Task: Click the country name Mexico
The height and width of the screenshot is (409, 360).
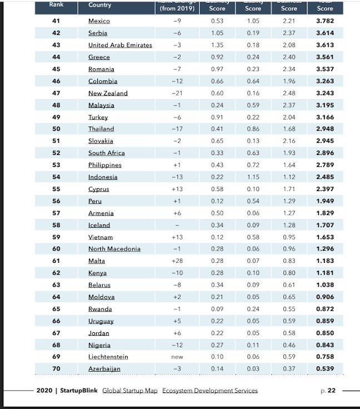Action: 99,21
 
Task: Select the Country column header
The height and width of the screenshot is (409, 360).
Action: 99,5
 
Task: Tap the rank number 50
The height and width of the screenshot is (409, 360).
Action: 56,129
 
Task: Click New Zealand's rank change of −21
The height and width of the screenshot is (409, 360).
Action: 177,93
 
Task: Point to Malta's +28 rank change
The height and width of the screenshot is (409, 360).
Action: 177,261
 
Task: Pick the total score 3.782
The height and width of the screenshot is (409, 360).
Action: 324,21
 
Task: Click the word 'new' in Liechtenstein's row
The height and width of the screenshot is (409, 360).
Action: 177,357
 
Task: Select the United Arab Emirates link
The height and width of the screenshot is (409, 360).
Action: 120,45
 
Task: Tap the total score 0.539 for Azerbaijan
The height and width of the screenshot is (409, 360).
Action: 324,368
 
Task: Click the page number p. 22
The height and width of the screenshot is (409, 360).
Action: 328,391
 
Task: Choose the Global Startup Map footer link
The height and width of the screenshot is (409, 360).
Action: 131,391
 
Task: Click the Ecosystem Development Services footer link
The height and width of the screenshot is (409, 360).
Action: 210,391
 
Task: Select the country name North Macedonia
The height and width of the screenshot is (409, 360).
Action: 114,249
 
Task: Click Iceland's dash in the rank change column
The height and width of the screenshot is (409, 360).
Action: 177,225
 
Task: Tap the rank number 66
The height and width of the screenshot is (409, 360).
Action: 56,321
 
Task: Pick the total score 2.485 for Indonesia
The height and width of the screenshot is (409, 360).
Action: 324,177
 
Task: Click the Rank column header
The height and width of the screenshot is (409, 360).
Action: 56,4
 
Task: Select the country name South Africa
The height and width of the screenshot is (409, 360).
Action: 107,153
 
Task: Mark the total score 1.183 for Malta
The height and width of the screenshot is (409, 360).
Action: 324,261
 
